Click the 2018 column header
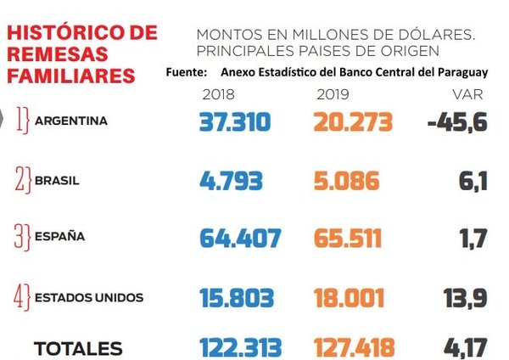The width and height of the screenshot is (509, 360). click(x=220, y=93)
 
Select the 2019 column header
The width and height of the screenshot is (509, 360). click(x=332, y=93)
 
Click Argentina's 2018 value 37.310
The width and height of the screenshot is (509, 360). click(x=235, y=122)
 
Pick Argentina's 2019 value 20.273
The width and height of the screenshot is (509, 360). click(x=353, y=122)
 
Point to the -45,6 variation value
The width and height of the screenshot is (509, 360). click(x=457, y=122)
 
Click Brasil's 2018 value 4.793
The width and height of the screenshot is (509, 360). click(x=231, y=181)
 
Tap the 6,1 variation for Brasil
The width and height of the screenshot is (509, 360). click(x=473, y=181)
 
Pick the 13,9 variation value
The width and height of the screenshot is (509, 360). click(x=464, y=298)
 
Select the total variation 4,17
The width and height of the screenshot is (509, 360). click(x=464, y=348)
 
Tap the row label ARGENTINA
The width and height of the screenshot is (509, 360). click(x=71, y=121)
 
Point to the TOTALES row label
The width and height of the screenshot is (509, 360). click(x=78, y=349)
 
